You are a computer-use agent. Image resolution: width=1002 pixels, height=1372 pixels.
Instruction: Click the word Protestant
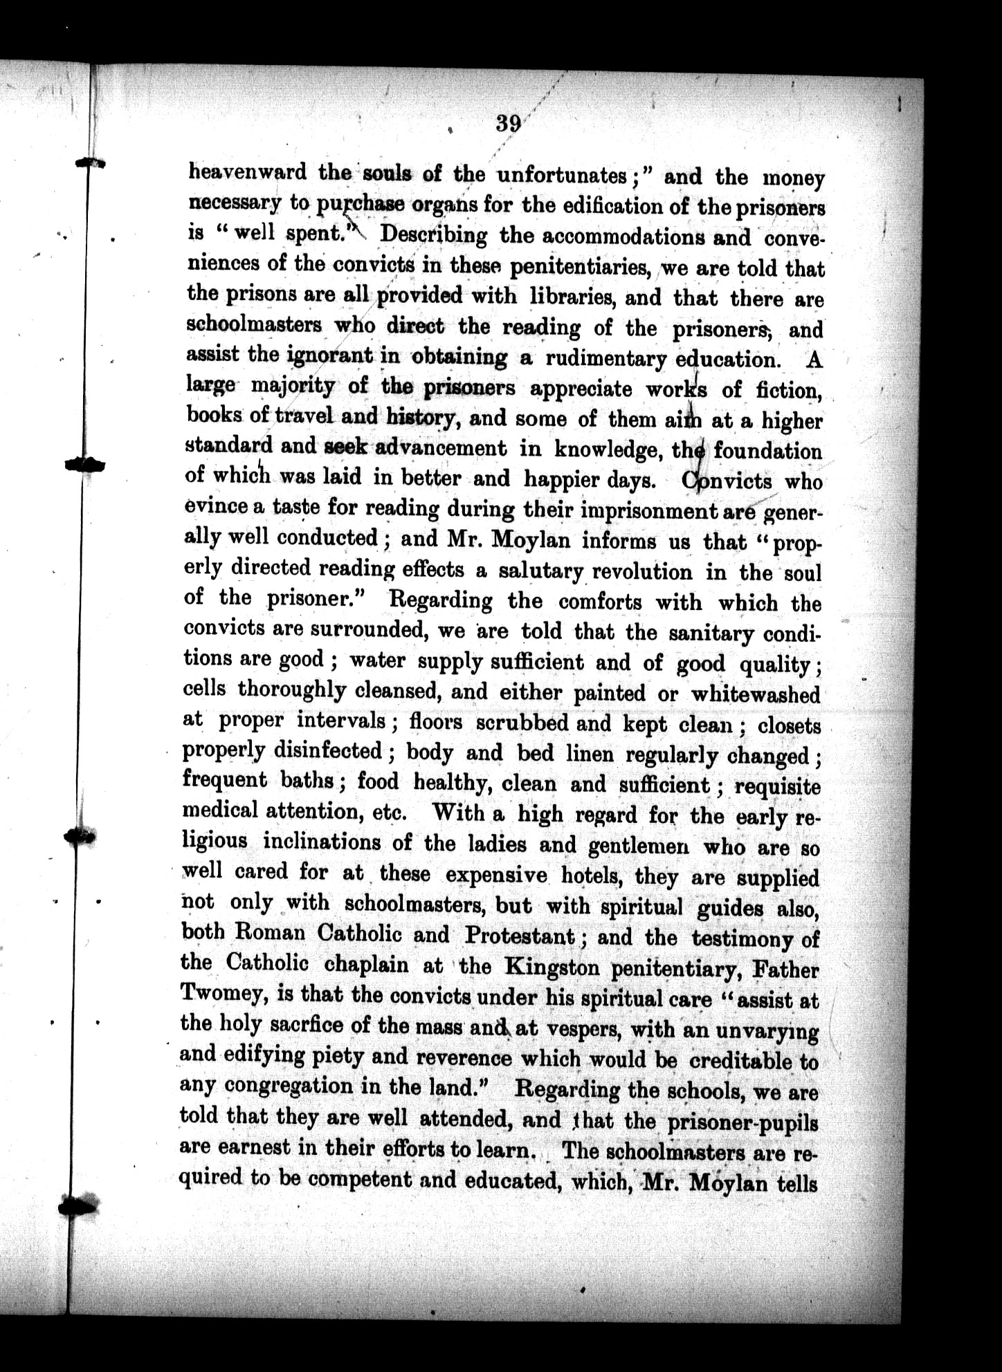point(520,936)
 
